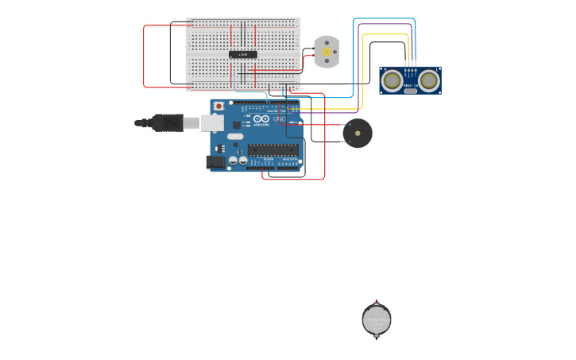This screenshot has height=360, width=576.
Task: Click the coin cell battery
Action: coord(377,320)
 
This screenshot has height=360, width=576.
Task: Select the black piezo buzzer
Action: coord(357,133)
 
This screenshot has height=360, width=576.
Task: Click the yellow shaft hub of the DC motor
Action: coord(326,52)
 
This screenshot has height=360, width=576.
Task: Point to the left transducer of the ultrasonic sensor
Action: coord(392,79)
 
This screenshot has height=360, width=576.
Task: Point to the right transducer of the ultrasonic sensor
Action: coord(429,79)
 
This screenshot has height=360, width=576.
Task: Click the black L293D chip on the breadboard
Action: coord(243,54)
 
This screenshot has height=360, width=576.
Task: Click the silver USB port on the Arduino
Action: coord(212,122)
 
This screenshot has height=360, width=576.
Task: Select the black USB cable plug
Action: coord(167,122)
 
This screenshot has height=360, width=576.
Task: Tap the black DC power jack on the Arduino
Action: coord(215,162)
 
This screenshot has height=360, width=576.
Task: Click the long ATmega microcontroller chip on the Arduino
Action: coord(273,149)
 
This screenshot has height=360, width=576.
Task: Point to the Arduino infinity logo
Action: coord(261,119)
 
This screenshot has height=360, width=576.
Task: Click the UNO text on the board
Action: coord(280,119)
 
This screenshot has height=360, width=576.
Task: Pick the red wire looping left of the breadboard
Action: coord(144,56)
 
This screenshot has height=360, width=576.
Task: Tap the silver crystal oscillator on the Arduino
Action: coord(235,136)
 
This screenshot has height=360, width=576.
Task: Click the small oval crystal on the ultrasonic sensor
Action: coord(410,91)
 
